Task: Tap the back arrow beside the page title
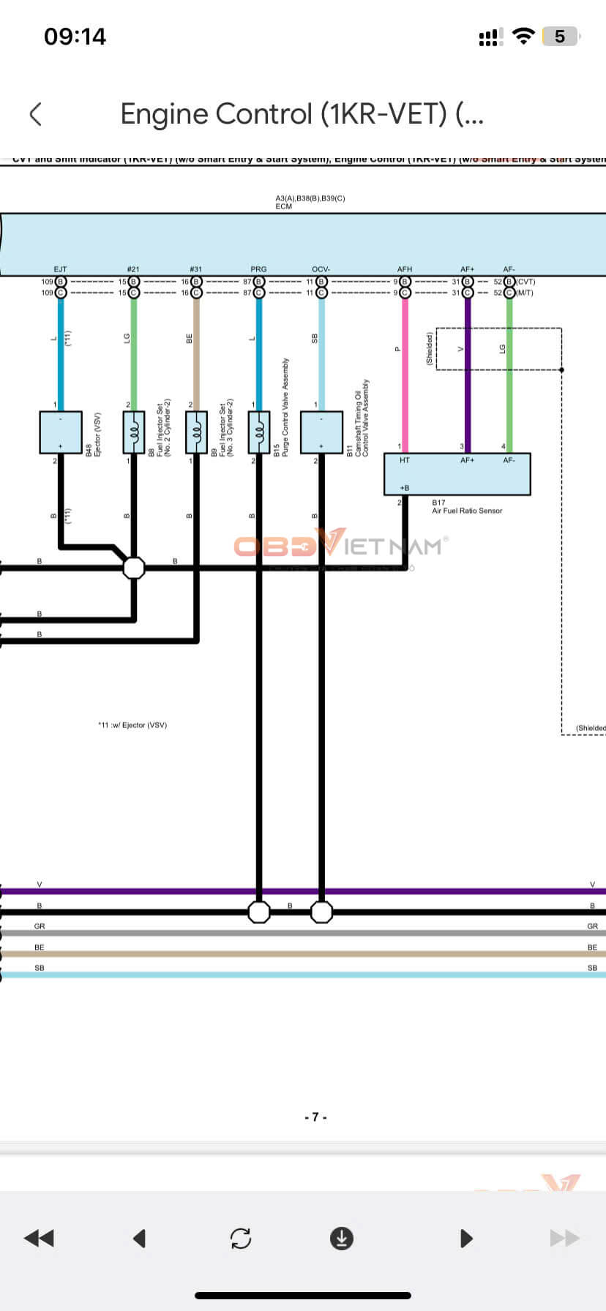[35, 114]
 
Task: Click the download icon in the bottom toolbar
[342, 1238]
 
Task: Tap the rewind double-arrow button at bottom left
[39, 1238]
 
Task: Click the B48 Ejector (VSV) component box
[60, 432]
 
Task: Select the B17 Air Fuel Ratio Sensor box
[457, 474]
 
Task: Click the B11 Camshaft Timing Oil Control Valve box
[321, 432]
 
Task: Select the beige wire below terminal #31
[196, 351]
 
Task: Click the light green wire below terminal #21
[133, 351]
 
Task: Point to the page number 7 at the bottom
[315, 1117]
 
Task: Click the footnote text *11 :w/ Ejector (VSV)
[132, 725]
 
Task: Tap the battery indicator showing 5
[560, 37]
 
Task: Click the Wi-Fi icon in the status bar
[523, 36]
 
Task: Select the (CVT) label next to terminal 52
[525, 282]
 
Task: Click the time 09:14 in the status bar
[75, 37]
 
